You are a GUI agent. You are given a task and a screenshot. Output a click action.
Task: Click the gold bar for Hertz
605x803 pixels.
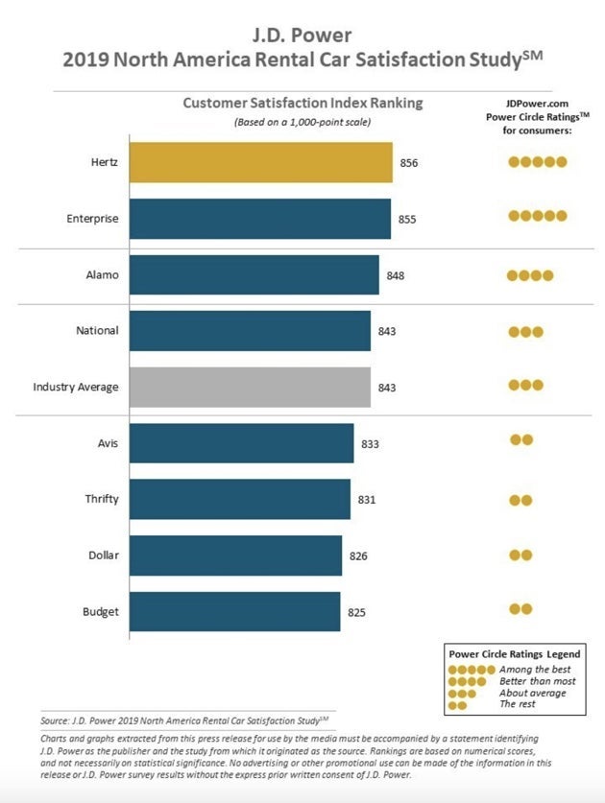[260, 162]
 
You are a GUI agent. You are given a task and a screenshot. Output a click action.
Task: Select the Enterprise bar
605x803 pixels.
[259, 219]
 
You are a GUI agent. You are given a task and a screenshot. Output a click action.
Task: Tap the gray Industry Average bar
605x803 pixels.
[249, 387]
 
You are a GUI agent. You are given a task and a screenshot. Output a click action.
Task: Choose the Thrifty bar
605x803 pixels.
[239, 499]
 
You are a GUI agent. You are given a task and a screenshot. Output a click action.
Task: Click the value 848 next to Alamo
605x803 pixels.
[396, 275]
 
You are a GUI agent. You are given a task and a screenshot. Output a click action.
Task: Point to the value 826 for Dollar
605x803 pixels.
[358, 555]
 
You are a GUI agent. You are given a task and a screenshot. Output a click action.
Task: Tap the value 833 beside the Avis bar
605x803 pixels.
[370, 443]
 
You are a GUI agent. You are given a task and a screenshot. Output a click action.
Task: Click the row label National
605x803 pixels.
[97, 331]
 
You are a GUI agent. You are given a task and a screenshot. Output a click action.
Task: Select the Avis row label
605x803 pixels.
[106, 442]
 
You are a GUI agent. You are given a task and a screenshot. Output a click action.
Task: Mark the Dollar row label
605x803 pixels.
[103, 555]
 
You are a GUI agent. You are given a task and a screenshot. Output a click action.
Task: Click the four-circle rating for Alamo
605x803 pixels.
[531, 275]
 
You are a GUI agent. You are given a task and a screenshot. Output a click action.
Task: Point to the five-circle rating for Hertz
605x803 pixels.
[538, 162]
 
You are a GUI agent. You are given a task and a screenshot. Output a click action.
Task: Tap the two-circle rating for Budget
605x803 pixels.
[520, 609]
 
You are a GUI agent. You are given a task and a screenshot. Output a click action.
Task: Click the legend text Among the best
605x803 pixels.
[533, 668]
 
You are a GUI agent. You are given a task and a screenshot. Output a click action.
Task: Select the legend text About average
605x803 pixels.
[533, 693]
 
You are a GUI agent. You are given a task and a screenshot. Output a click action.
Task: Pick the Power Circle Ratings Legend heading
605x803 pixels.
[514, 653]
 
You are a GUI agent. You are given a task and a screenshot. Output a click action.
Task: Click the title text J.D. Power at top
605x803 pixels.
[302, 37]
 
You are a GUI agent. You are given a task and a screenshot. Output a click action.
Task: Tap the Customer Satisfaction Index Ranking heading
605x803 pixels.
[302, 103]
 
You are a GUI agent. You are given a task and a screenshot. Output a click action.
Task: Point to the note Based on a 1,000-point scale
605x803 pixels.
[302, 122]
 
